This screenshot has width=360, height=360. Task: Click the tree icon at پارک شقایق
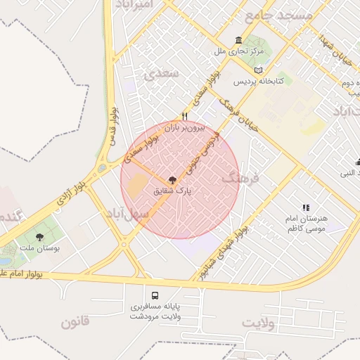pyautogui.click(x=173, y=180)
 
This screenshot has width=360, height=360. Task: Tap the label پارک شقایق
pyautogui.click(x=173, y=191)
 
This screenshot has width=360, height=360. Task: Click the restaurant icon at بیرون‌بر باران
pyautogui.click(x=185, y=116)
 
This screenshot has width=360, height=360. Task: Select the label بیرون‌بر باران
pyautogui.click(x=184, y=128)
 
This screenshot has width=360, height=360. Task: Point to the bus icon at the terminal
pyautogui.click(x=155, y=295)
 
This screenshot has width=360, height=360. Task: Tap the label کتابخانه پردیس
pyautogui.click(x=258, y=82)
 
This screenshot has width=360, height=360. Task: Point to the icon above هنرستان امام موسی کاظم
pyautogui.click(x=305, y=207)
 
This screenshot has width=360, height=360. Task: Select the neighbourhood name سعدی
pyautogui.click(x=156, y=74)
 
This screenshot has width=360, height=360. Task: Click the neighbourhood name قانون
pyautogui.click(x=75, y=323)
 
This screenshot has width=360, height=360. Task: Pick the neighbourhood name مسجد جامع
pyautogui.click(x=277, y=14)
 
